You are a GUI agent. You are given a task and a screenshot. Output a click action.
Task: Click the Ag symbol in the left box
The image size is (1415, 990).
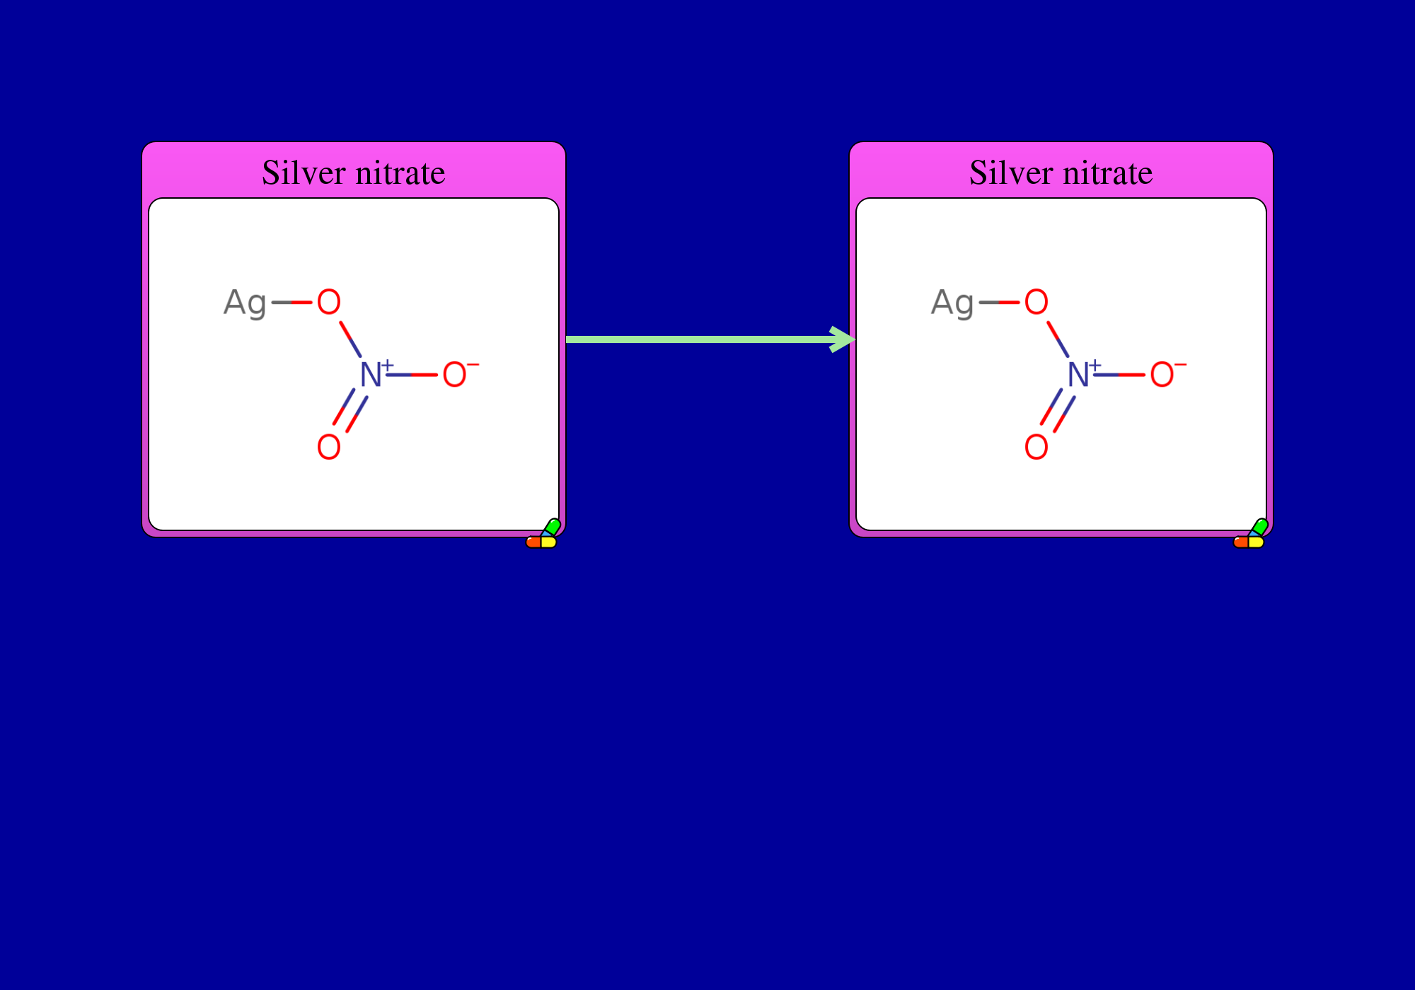245,303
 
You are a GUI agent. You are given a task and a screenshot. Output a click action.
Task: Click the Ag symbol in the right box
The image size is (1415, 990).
952,303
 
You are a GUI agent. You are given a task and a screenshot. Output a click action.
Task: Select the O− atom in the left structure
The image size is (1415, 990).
461,373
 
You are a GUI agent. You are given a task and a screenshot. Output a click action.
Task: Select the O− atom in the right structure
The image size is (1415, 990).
1168,373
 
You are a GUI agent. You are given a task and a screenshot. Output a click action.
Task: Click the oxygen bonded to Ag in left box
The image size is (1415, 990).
329,302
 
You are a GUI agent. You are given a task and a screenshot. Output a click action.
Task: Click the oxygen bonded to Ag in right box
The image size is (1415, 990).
1036,302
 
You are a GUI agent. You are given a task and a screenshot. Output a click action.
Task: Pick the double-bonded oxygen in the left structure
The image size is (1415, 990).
329,447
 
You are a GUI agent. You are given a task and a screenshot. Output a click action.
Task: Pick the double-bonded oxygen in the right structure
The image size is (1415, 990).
1036,447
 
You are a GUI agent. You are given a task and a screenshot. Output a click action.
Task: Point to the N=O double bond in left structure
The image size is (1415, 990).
350,410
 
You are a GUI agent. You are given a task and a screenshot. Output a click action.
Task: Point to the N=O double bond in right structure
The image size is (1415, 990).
1058,410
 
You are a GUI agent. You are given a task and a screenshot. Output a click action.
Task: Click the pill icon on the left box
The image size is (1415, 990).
543,534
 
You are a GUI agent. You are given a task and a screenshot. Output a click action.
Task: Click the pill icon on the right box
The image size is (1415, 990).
1251,534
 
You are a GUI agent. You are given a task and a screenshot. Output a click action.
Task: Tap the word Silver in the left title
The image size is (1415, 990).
304,173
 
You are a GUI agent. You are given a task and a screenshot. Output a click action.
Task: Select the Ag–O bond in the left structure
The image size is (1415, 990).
291,302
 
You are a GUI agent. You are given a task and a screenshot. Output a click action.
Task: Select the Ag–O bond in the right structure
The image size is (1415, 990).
999,302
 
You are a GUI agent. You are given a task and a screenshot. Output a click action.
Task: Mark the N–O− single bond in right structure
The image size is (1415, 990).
1120,374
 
